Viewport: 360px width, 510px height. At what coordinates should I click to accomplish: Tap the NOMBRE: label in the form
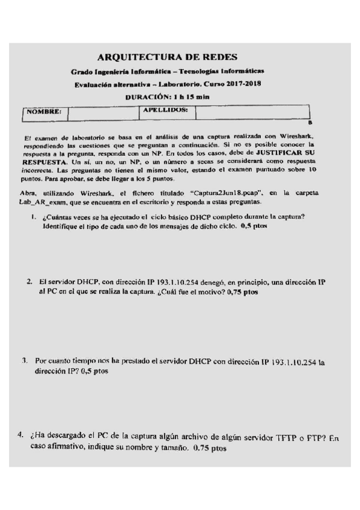(x=44, y=111)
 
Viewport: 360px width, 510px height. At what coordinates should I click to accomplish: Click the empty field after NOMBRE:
(x=103, y=112)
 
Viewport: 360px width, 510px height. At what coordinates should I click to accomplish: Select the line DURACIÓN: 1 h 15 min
(x=166, y=96)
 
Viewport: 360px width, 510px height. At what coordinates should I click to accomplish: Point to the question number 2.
(x=29, y=281)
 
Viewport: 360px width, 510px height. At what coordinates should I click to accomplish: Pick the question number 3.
(x=25, y=361)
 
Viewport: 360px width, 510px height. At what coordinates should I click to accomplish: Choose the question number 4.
(x=22, y=435)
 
